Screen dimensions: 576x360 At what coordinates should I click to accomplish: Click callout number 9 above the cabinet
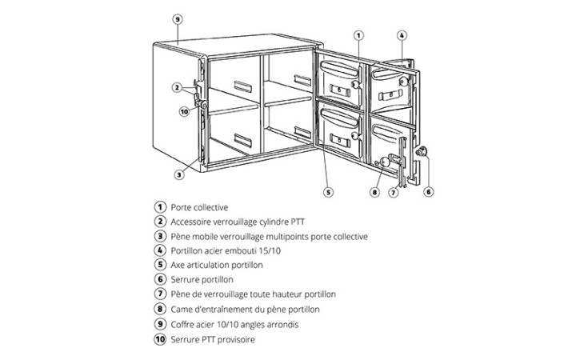(x=178, y=19)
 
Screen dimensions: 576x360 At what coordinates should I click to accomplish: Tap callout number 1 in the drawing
(x=358, y=36)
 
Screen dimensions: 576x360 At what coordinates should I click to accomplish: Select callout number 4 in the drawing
(x=402, y=36)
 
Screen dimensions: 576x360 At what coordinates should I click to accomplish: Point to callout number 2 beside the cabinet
(x=177, y=87)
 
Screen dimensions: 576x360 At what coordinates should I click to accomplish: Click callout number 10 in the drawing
(x=185, y=111)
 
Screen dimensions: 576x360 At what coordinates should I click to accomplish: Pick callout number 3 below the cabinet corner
(x=179, y=174)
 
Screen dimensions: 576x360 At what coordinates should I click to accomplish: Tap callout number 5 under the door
(x=328, y=192)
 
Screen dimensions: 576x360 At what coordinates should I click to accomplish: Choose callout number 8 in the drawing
(x=374, y=192)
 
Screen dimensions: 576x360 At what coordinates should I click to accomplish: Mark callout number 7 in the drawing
(x=394, y=192)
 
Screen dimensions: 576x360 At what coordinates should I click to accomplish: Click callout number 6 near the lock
(x=428, y=191)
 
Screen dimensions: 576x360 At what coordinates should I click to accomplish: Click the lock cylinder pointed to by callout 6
(x=422, y=151)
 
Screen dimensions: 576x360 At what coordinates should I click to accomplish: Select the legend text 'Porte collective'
(x=199, y=207)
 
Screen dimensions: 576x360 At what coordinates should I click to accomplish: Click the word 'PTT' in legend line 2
(x=298, y=222)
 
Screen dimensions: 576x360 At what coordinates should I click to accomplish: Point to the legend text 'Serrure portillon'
(x=202, y=279)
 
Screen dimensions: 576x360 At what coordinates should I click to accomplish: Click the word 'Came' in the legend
(x=180, y=310)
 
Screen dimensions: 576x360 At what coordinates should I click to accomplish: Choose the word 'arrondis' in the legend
(x=283, y=324)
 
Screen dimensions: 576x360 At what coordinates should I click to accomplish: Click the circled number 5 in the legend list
(x=160, y=265)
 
